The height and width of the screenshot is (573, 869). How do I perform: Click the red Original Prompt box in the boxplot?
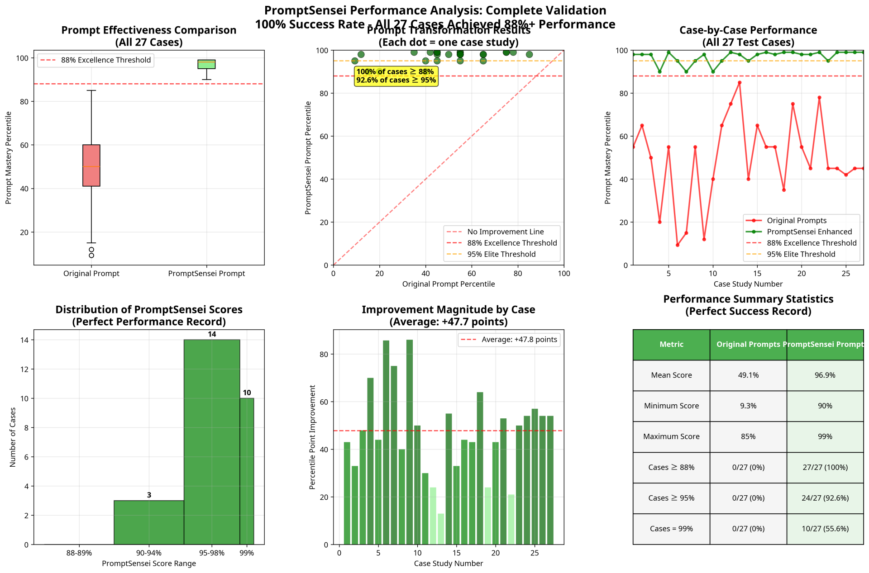91,166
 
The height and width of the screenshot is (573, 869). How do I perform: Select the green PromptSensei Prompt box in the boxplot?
206,64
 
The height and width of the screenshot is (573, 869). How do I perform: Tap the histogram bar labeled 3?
149,522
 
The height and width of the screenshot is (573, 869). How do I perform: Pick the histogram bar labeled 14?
212,442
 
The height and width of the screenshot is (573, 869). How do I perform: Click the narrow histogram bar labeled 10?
247,471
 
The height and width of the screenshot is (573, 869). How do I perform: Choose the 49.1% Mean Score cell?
748,375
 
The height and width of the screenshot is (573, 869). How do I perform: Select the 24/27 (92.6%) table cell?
825,498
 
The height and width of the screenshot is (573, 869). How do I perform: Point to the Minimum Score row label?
671,406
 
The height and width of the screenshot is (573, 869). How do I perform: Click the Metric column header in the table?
671,345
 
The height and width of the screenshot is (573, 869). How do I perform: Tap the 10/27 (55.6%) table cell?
825,529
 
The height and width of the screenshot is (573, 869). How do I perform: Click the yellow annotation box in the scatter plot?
396,76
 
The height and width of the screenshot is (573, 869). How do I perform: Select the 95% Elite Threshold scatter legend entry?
501,254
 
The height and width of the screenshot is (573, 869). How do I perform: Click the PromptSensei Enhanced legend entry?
809,232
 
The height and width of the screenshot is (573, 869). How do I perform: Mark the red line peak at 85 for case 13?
740,83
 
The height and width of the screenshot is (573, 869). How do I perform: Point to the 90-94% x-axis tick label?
149,553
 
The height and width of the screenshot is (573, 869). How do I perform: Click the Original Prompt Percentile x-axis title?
449,284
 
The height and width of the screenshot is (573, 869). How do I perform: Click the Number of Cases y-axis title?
13,437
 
